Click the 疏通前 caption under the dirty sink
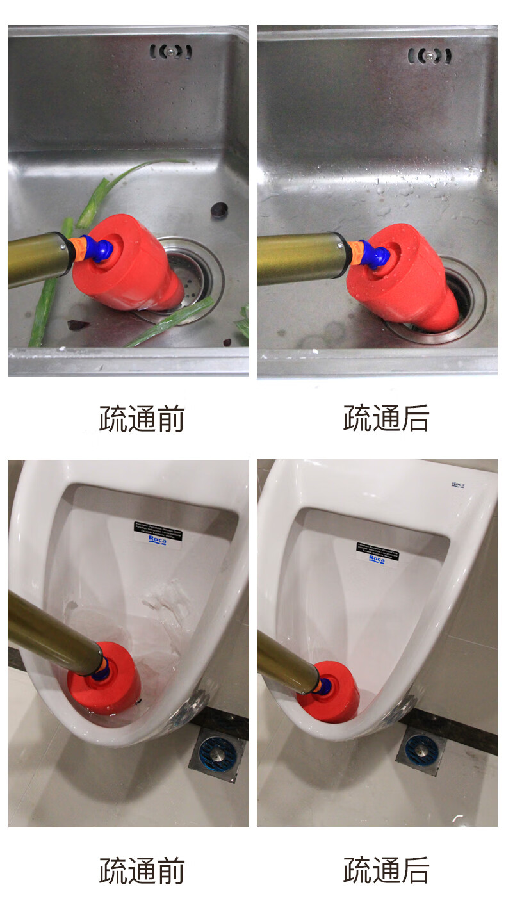coord(142,419)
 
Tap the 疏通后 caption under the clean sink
coord(386,419)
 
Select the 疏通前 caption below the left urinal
coord(142,871)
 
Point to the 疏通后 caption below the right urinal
coord(386,871)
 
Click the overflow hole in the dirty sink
coord(170,52)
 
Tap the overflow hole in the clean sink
coord(429,56)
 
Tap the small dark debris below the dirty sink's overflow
coord(220,209)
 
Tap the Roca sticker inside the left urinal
coord(156,533)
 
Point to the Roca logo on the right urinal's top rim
coord(458,485)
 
